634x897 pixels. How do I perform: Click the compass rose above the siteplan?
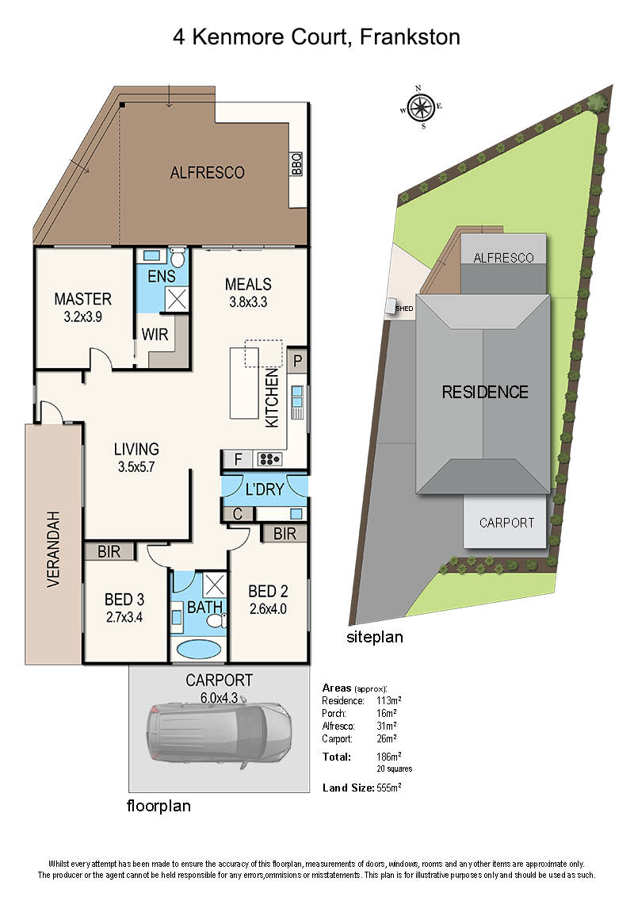click(422, 106)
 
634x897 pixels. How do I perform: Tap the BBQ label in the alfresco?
click(297, 163)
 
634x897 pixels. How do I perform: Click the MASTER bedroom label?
click(82, 299)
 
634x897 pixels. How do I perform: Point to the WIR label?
click(155, 335)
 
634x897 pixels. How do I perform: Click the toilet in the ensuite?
click(178, 258)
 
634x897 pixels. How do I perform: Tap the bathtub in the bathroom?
click(199, 648)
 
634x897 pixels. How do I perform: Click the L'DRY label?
click(264, 489)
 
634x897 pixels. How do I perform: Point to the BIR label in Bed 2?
click(284, 533)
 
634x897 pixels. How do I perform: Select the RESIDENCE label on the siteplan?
click(484, 392)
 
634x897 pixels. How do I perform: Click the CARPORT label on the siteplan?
click(506, 523)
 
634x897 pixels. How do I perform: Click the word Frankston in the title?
click(408, 37)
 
